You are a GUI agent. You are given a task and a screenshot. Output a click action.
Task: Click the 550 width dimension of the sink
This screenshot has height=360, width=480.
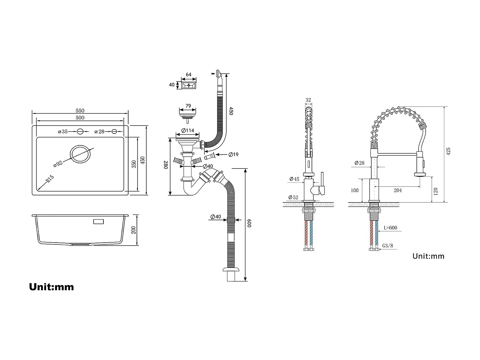(x=80, y=111)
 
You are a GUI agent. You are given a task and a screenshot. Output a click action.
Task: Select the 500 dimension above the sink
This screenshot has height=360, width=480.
(x=80, y=118)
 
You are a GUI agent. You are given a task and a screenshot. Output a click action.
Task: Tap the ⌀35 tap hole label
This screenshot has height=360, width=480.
(x=63, y=132)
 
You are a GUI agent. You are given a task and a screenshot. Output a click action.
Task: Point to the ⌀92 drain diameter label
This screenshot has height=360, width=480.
(x=58, y=164)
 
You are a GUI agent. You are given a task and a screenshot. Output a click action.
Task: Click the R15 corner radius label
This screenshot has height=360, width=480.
(x=50, y=179)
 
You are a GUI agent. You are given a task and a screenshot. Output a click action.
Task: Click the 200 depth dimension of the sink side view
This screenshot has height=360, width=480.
(x=134, y=230)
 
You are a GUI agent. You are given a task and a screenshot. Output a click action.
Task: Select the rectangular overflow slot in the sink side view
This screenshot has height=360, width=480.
(x=98, y=222)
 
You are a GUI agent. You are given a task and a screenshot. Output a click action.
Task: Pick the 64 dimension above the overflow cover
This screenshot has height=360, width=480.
(x=188, y=74)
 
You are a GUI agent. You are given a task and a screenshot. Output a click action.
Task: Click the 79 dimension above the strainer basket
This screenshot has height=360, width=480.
(x=188, y=106)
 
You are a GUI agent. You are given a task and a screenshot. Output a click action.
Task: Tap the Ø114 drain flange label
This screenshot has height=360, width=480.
(x=188, y=131)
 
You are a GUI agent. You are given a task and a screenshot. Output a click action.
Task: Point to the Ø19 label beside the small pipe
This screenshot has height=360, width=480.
(x=233, y=154)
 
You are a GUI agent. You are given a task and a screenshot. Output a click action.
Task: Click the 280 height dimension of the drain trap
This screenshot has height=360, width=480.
(x=166, y=165)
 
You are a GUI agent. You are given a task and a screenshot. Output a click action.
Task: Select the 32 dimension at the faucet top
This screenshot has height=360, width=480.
(x=308, y=100)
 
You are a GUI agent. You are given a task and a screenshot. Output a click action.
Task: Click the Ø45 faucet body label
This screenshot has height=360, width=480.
(x=294, y=179)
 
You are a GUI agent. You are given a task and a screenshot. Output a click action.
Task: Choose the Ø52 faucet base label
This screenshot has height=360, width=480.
(x=293, y=197)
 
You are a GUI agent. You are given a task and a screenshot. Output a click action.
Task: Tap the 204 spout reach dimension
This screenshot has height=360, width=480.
(x=398, y=191)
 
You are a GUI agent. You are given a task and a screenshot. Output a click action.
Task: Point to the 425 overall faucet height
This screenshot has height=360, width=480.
(x=448, y=151)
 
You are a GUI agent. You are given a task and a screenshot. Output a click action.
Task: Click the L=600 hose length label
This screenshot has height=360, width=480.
(x=390, y=228)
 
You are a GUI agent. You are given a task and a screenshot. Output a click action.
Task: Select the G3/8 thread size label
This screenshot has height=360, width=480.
(x=388, y=246)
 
